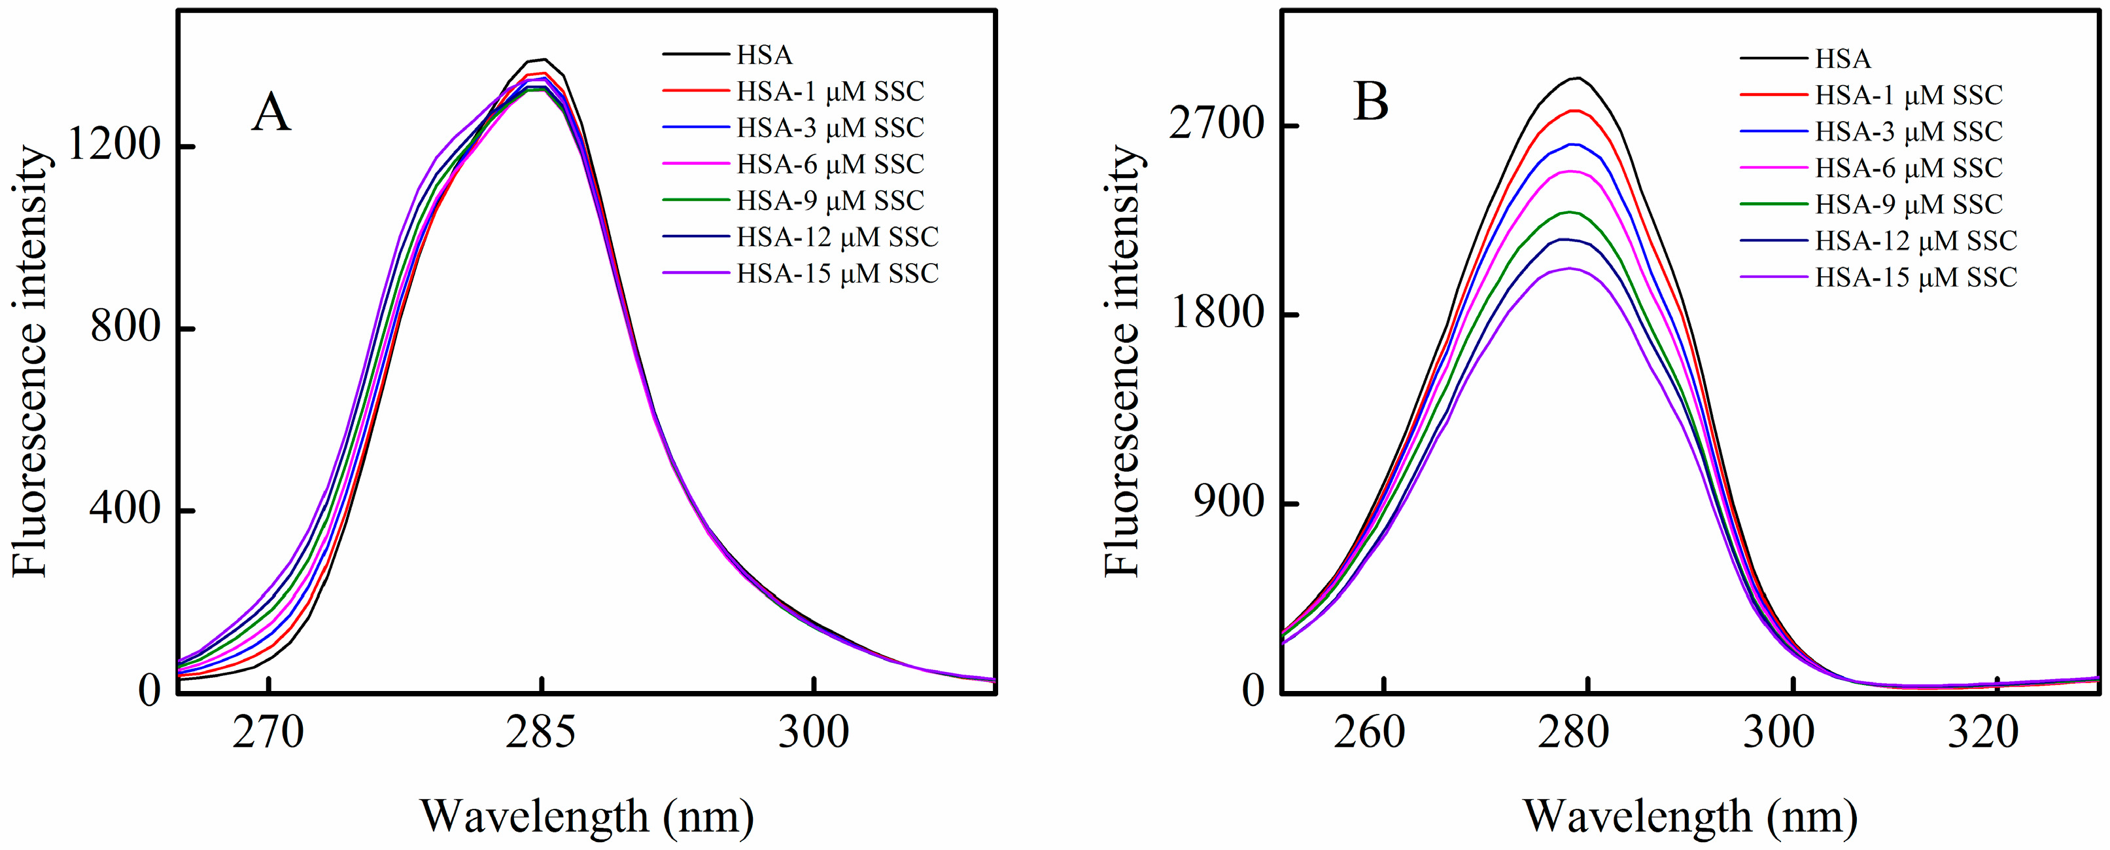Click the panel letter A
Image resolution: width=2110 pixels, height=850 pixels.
click(271, 113)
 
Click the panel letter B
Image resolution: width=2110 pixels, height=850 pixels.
click(1371, 104)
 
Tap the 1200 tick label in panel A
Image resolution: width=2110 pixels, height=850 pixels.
click(113, 146)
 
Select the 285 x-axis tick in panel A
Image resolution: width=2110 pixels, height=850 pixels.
click(541, 732)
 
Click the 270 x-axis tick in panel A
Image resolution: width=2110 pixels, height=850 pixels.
click(269, 732)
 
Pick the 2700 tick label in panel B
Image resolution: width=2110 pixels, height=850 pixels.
click(1215, 126)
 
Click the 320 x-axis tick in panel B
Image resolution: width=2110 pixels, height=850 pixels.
click(1997, 732)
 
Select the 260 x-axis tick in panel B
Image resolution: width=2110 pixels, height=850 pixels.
click(1383, 732)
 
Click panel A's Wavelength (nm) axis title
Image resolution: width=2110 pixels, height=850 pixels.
click(587, 817)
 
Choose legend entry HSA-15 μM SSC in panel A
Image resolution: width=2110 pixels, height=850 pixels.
click(837, 273)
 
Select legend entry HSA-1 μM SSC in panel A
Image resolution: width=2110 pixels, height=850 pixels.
click(830, 91)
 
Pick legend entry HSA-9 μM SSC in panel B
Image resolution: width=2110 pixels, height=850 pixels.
click(1909, 204)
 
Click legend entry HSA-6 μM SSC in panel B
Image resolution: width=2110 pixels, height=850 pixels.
click(1909, 168)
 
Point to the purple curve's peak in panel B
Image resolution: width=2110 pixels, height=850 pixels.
click(1569, 268)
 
